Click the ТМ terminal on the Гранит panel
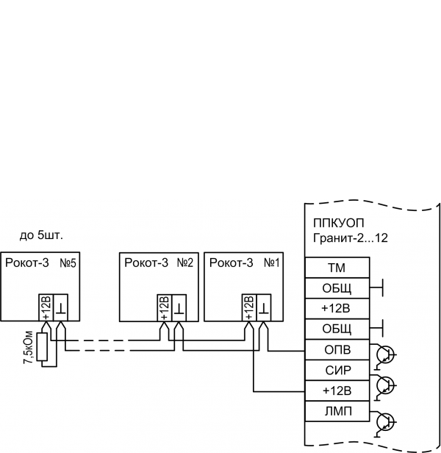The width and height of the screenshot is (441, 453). (x=337, y=267)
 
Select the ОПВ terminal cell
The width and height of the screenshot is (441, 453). (x=337, y=349)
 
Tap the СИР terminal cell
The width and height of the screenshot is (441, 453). (x=337, y=368)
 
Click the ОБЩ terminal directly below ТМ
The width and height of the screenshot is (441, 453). (x=337, y=287)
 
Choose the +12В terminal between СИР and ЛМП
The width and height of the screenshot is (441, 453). (x=337, y=389)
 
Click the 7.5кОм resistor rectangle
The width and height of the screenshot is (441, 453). (x=43, y=348)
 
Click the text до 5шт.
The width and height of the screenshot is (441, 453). (x=41, y=236)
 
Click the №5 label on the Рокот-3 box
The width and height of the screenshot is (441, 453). (x=69, y=263)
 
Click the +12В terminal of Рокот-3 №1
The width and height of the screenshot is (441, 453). (x=248, y=307)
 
